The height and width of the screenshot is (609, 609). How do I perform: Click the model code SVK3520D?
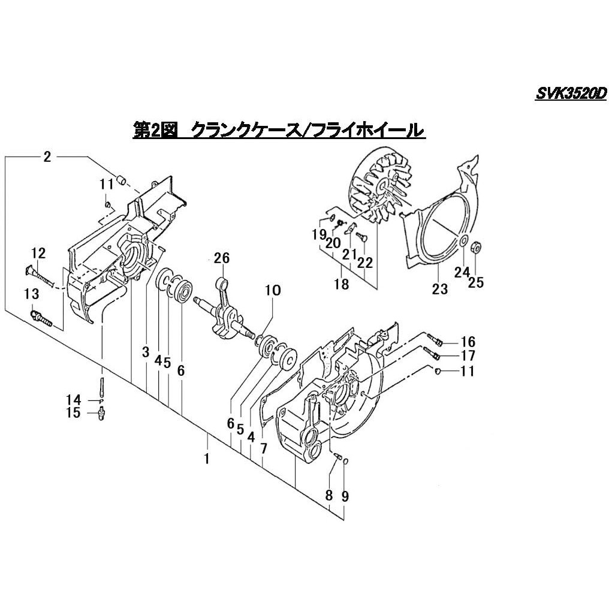click(571, 94)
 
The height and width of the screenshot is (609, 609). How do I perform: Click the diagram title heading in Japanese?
click(279, 130)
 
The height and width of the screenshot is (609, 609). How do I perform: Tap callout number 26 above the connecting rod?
click(221, 259)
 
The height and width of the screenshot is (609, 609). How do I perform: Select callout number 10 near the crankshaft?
click(272, 291)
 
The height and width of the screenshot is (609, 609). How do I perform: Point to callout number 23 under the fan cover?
click(440, 289)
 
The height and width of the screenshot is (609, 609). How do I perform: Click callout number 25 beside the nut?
click(476, 282)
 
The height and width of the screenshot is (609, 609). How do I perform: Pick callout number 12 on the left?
click(38, 253)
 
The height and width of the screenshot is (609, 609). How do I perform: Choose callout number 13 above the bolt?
click(32, 293)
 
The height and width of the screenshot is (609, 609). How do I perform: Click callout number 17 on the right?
click(468, 356)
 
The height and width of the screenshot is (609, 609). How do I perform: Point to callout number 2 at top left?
click(47, 157)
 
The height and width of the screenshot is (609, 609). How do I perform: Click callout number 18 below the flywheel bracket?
click(341, 285)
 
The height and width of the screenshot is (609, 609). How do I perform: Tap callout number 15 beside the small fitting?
click(73, 413)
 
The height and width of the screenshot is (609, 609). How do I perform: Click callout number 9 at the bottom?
click(345, 496)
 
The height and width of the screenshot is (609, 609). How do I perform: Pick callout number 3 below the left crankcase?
click(146, 352)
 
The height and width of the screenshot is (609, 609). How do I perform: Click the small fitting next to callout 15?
click(101, 413)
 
